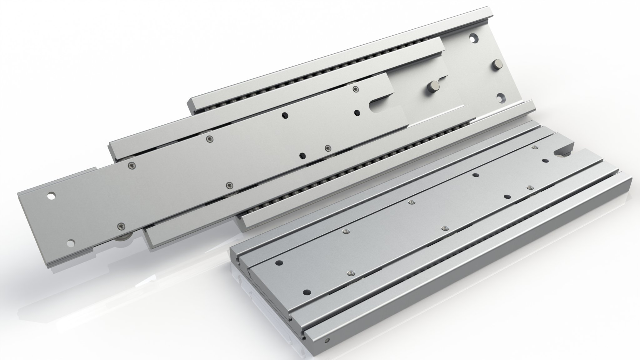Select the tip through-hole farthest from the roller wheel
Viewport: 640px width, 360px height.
tap(50, 197)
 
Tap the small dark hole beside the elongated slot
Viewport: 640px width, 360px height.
tap(357, 112)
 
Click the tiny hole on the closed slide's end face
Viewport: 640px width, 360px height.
tap(327, 340)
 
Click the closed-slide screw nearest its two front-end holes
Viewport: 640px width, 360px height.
tap(350, 273)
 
